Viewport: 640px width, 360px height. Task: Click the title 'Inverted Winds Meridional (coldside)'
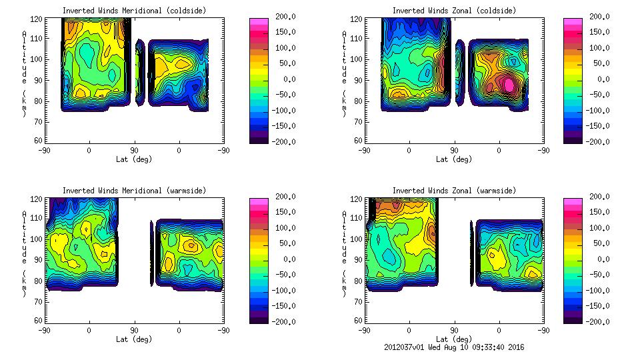point(134,11)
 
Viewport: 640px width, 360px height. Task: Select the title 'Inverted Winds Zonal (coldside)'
point(454,11)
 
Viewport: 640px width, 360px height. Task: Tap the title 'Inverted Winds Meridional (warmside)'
point(134,191)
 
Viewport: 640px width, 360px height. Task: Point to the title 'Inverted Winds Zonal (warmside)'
point(454,191)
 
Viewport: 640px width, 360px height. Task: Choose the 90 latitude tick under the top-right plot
point(454,151)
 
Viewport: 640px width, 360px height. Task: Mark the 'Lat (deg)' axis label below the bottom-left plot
point(134,339)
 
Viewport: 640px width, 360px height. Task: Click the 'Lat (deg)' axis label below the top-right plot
point(454,159)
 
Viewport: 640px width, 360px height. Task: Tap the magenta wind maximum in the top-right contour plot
point(509,85)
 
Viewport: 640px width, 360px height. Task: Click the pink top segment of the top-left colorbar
point(258,22)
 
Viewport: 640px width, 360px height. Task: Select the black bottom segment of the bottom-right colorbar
point(573,317)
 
